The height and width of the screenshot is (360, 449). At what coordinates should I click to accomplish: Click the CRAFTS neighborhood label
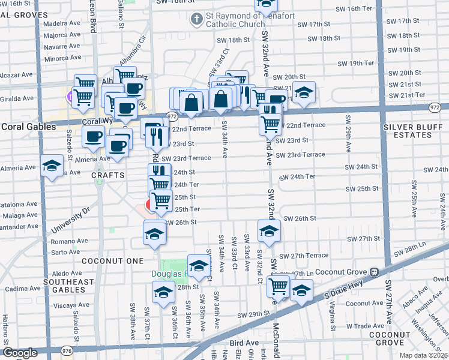108,175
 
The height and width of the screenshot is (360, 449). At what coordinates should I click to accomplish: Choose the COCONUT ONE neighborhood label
113,261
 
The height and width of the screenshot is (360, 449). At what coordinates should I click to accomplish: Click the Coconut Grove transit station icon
374,271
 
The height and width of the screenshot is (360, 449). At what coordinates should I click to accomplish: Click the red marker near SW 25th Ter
149,206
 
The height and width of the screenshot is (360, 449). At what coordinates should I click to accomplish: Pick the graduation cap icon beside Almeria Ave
52,166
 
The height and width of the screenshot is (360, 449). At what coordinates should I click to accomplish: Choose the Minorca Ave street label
63,58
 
